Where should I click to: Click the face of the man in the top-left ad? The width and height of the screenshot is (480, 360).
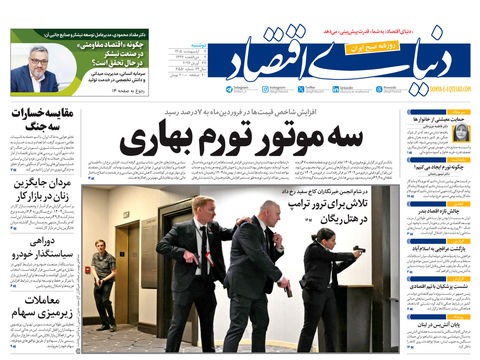coord(38,60)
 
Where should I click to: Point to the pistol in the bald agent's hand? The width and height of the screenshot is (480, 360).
coord(288,290)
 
